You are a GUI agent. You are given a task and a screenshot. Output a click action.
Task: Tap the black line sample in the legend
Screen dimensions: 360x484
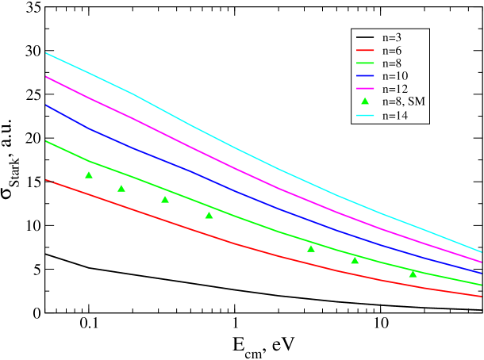[365, 37]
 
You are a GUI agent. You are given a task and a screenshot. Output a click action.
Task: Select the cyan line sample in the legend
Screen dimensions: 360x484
[365, 116]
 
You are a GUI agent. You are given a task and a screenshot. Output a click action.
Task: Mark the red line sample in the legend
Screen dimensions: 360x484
[365, 50]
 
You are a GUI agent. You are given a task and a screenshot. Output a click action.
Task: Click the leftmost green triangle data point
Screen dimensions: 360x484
[89, 174]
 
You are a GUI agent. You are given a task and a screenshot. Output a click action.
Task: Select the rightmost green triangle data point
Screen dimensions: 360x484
[413, 274]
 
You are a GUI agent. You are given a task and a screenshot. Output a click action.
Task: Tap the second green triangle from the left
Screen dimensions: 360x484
[121, 188]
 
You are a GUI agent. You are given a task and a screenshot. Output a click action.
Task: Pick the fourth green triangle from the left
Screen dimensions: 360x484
[209, 215]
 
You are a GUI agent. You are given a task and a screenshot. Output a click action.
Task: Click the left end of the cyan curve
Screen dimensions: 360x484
[47, 53]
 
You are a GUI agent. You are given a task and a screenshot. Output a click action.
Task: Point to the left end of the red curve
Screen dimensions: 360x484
[47, 180]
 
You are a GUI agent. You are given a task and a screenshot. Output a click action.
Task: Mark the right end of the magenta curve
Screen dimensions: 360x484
[481, 261]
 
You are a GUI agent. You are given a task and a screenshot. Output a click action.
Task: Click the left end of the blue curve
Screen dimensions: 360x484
[47, 105]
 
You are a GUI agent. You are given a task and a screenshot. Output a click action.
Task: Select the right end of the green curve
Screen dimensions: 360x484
[481, 285]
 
